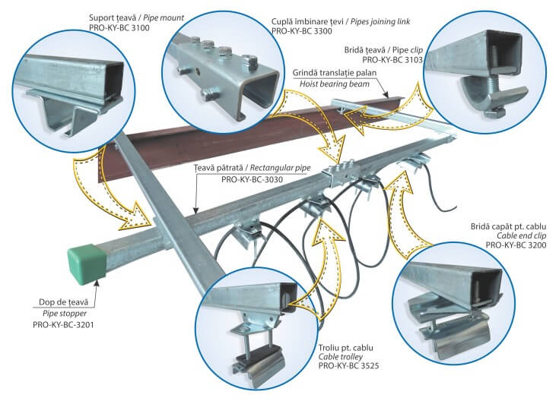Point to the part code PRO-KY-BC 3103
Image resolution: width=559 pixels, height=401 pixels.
[392, 58]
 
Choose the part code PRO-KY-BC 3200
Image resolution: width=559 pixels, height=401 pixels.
[516, 246]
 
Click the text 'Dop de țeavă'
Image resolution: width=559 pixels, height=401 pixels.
[71, 300]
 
